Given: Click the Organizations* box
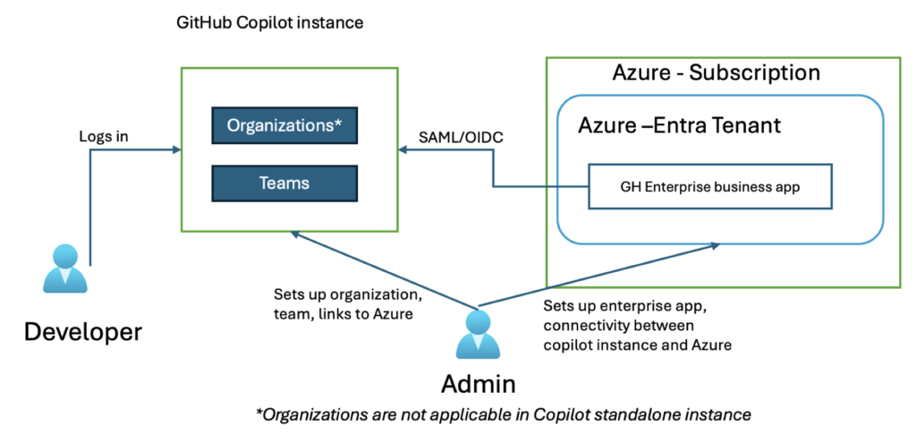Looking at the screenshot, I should coord(284,126).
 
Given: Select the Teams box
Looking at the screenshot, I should coord(284,183).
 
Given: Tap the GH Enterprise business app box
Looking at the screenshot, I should coord(710,186).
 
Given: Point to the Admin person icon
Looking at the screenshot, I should coord(478,335).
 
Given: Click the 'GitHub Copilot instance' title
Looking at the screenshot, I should coord(269,22).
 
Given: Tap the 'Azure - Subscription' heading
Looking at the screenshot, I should coord(716,72).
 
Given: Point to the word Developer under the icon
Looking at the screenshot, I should coord(82,332).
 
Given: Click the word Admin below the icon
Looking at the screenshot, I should coord(478,384).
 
